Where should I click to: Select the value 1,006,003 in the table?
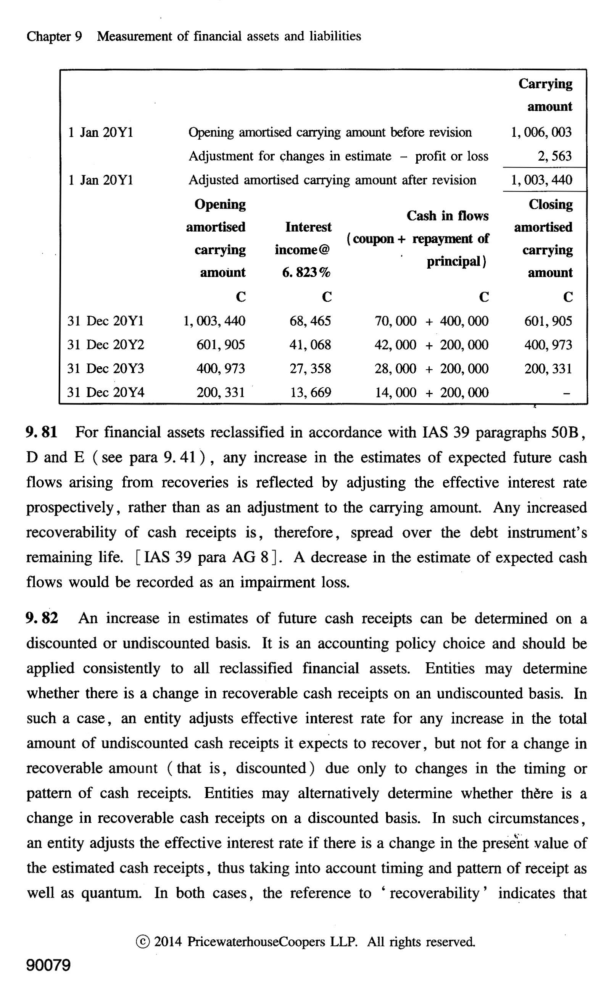coord(541,132)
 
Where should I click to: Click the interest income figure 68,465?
coord(310,321)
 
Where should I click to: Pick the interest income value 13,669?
coord(311,392)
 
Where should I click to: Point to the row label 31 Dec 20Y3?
coord(106,369)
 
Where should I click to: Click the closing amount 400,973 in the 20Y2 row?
coord(548,345)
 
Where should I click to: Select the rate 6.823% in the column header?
coord(306,273)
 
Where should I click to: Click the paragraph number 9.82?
coord(42,618)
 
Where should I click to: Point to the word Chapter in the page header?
coord(48,37)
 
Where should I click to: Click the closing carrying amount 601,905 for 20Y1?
coord(548,321)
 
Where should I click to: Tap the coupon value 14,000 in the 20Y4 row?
coord(396,392)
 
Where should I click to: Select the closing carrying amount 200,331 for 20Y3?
coord(548,369)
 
